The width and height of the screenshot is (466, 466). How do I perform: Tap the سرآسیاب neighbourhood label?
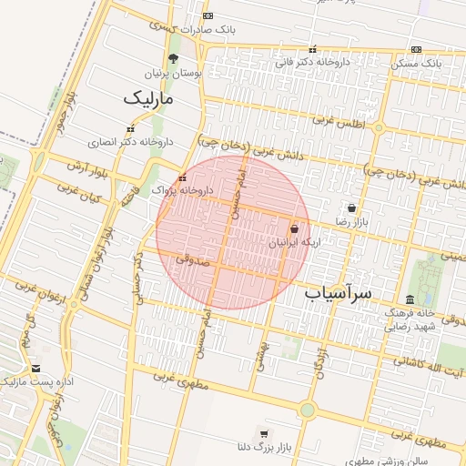pos(339,294)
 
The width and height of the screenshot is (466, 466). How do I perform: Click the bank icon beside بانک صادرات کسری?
pos(208,16)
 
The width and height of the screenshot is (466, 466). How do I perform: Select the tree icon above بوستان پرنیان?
pos(174,58)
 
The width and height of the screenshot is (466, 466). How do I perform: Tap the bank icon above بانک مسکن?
pos(416,50)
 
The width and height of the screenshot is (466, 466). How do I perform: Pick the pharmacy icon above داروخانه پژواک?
pos(183,177)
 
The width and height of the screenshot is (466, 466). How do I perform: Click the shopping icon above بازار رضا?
pos(352,208)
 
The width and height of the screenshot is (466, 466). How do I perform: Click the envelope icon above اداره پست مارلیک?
pos(36,368)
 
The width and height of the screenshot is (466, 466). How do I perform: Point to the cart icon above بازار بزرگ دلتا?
pos(264,433)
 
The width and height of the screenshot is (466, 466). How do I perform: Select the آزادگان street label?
pos(320,361)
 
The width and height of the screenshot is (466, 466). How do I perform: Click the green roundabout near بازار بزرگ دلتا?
pos(307,410)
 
